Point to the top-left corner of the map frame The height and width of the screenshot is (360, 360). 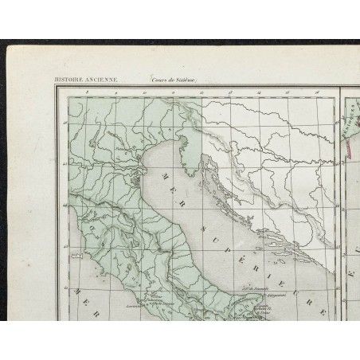click(54, 85)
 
